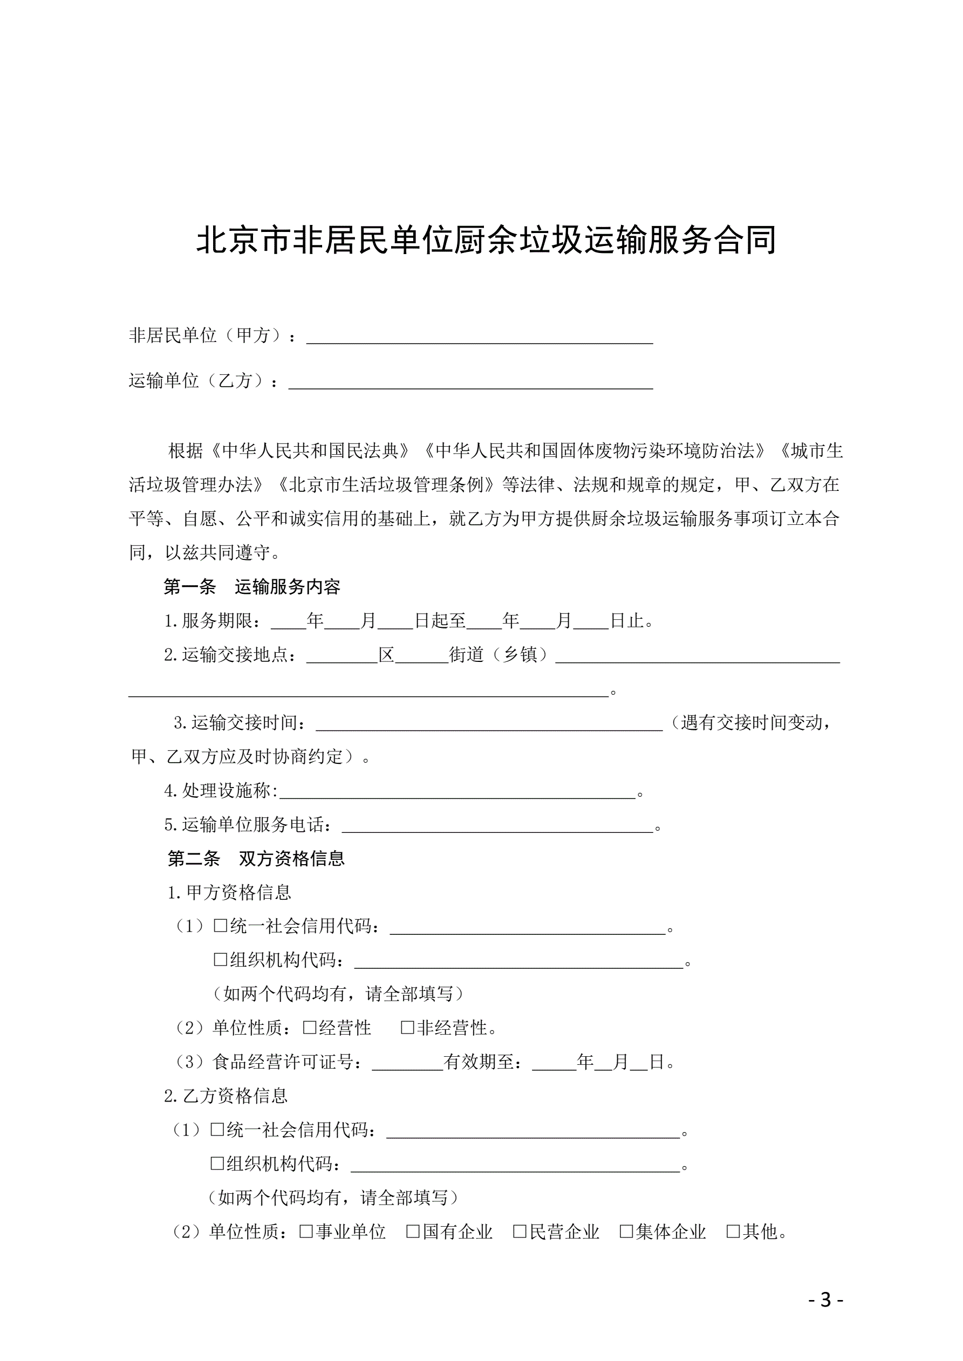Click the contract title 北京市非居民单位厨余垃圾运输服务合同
(486, 240)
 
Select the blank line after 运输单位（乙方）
(470, 383)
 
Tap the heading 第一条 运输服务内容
(252, 587)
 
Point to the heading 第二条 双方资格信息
(256, 858)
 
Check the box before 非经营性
(407, 1027)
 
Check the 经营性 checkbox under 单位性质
(310, 1027)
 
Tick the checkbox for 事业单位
(306, 1232)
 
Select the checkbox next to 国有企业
(413, 1232)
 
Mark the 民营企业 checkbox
(520, 1232)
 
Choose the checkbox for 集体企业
(626, 1232)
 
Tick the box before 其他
(733, 1232)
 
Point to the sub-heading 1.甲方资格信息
(229, 892)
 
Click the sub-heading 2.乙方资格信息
(226, 1096)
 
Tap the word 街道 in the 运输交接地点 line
(467, 654)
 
